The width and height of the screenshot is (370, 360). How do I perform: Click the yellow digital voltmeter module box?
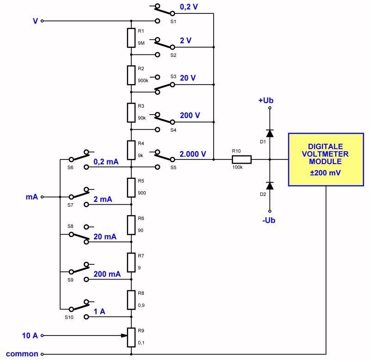coord(326,159)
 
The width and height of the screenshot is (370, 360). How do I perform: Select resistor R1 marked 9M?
coord(131,38)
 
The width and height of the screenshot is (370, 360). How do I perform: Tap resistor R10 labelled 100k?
coord(241,159)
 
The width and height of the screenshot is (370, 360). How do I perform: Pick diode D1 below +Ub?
coord(270,133)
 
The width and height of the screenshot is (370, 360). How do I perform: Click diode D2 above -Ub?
coord(270,185)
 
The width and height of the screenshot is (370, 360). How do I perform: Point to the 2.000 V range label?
coord(192,154)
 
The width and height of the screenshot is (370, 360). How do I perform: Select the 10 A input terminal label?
coord(30,335)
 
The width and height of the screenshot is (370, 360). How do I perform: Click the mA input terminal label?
coord(31,196)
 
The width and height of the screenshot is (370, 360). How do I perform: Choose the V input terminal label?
coord(35,21)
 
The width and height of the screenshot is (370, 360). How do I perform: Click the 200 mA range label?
coord(107,274)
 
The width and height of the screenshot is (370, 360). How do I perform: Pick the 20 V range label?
coord(188,78)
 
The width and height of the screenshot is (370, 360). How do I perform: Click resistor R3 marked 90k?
coord(131,112)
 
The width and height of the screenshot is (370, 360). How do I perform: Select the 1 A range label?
coord(99,311)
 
